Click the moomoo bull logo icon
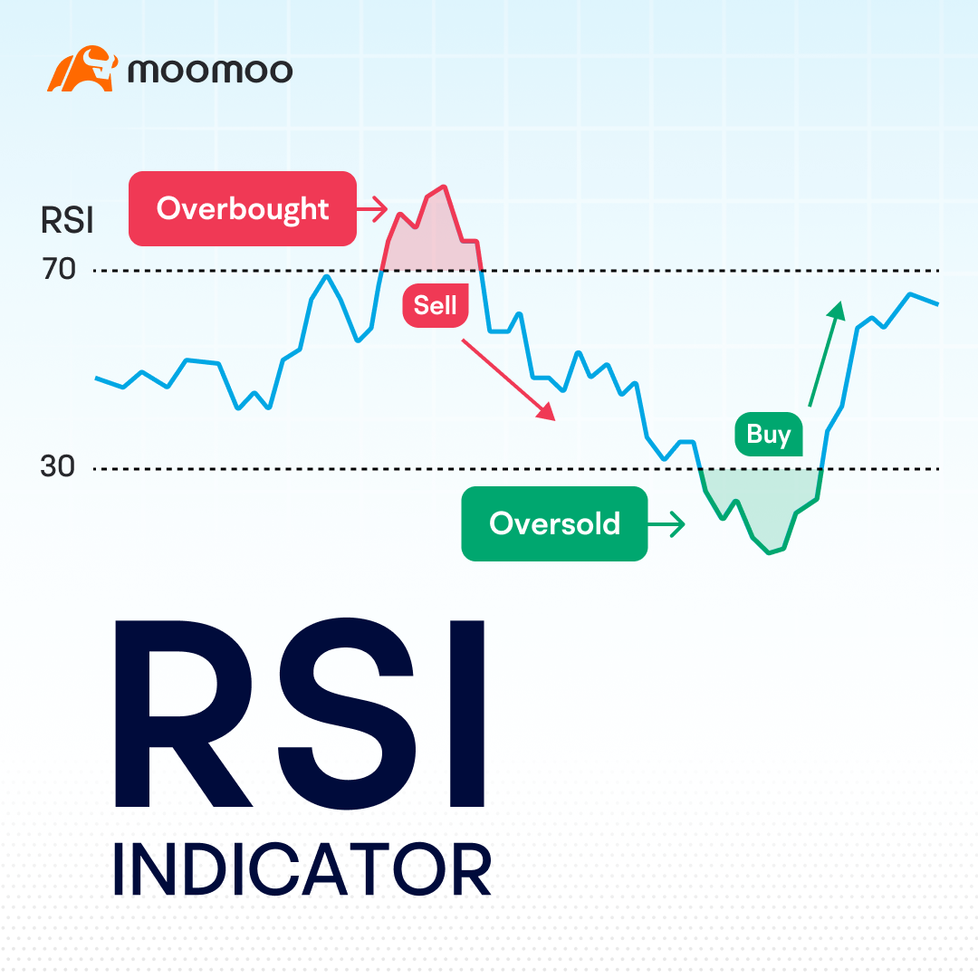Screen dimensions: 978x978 (81, 70)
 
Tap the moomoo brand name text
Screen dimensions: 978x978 (210, 71)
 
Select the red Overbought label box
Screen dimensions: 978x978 (242, 208)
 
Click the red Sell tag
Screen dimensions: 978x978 (436, 305)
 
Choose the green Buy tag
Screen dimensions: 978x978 (769, 435)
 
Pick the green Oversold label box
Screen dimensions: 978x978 (554, 523)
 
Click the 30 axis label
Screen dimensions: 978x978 (57, 467)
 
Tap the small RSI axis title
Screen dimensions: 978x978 (67, 221)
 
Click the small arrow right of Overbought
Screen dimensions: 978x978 (371, 209)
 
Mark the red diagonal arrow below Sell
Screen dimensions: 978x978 (508, 379)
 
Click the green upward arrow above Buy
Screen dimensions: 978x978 (826, 353)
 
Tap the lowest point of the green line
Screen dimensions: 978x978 (770, 552)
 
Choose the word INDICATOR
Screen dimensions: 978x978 (302, 869)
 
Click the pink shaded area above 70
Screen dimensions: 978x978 (432, 240)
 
